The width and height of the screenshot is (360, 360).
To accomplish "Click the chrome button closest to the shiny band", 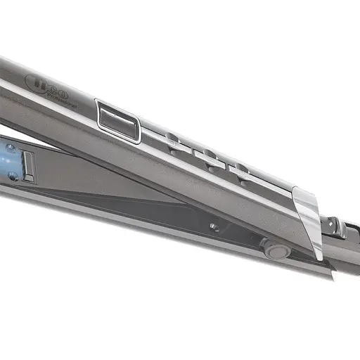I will coord(241,172).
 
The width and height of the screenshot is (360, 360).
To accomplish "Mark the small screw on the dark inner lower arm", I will coord(213,227).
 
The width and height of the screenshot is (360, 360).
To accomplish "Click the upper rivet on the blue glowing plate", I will coord(11,148).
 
